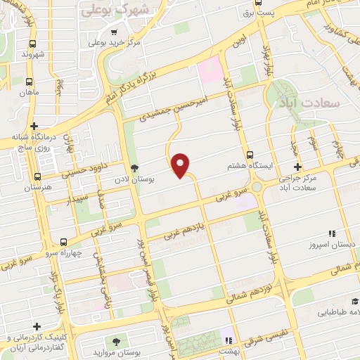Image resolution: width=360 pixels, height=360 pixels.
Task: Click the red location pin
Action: coord(181,165)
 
